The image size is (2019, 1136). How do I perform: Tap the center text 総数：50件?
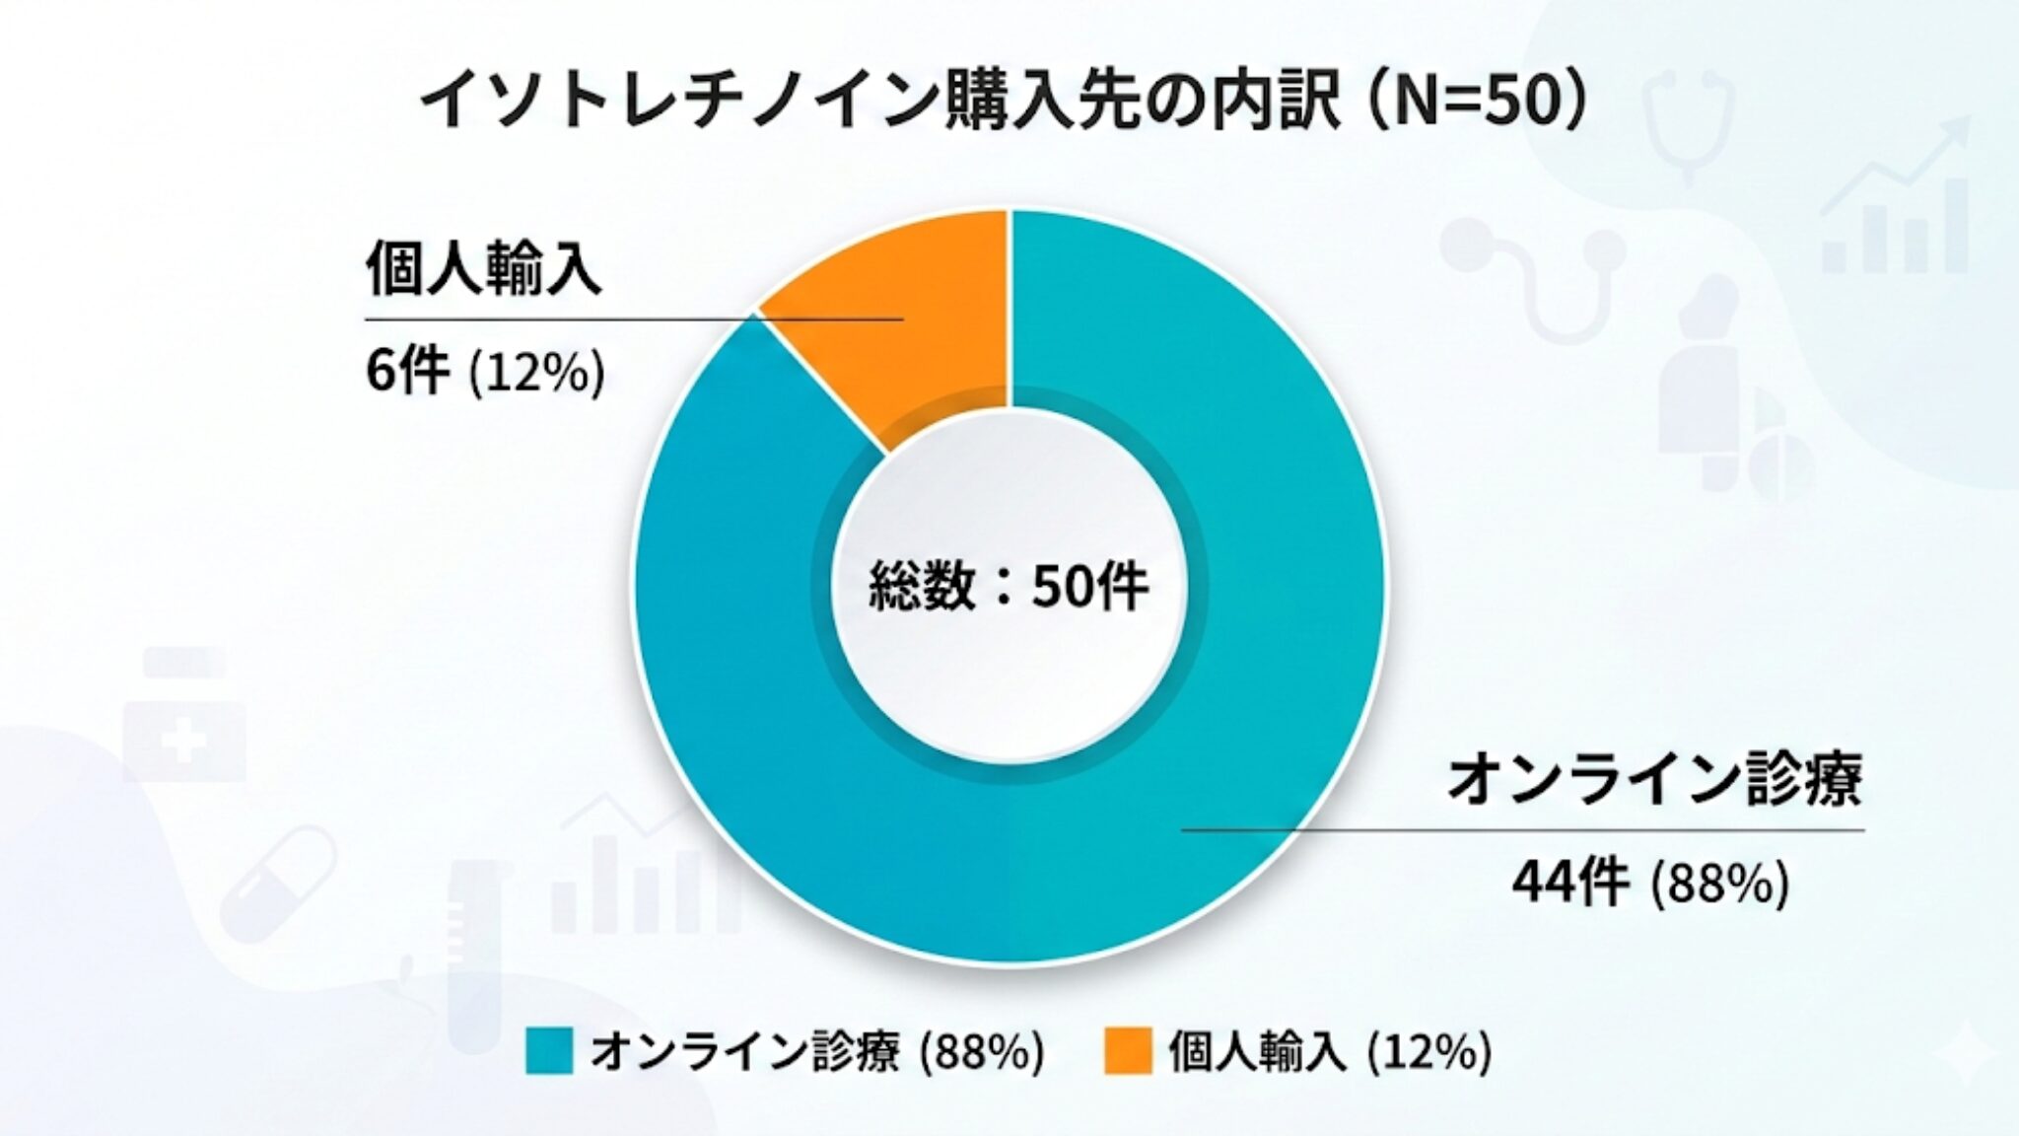click(1008, 588)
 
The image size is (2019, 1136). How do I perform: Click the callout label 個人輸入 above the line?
click(483, 268)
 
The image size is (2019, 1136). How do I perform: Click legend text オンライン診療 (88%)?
click(816, 1052)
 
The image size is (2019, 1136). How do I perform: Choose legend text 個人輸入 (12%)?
click(1329, 1052)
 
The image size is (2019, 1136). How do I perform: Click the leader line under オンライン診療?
click(1523, 830)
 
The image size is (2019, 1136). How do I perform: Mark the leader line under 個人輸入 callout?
click(631, 319)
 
